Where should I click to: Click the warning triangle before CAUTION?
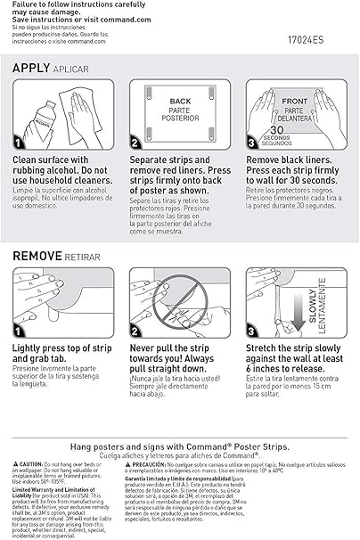tap(17, 465)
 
